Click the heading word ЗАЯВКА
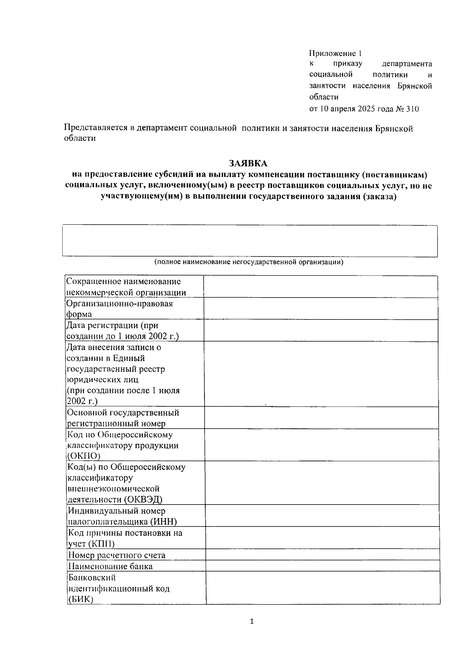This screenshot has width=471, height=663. point(248,163)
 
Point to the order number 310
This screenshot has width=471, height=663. point(412,109)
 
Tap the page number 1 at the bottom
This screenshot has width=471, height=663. point(252,621)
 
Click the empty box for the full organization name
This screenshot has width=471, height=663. point(250,241)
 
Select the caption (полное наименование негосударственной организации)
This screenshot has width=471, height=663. point(248,262)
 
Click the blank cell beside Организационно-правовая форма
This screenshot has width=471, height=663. point(320,309)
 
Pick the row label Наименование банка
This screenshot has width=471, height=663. point(110,566)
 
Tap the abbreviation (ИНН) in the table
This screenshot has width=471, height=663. point(163,521)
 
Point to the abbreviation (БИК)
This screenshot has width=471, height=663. point(80,599)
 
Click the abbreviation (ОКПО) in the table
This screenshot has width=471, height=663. point(84,456)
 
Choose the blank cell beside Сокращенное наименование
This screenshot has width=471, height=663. point(320,287)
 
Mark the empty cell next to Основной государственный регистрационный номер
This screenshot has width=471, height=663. point(321,418)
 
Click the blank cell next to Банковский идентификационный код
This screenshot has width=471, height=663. point(323,588)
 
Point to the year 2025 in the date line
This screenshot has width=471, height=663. point(367,109)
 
